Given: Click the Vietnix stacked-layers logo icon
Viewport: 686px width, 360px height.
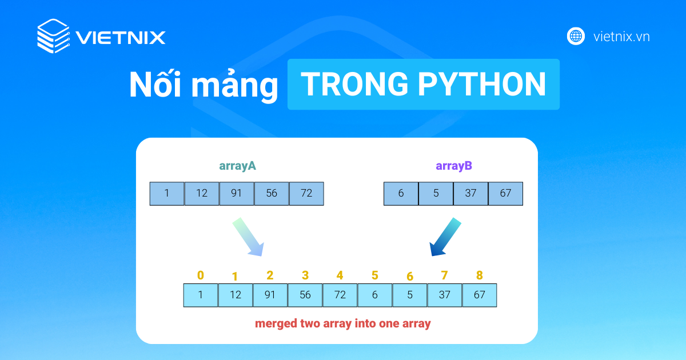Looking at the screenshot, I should (53, 37).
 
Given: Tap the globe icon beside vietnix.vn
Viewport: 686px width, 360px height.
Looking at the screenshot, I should (576, 37).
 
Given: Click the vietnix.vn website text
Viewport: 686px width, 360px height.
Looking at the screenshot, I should (621, 37).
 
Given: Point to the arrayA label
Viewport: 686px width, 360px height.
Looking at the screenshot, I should (237, 166).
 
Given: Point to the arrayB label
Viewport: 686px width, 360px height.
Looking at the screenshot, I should (454, 166).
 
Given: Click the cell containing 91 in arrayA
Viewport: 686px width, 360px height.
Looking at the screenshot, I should (237, 194).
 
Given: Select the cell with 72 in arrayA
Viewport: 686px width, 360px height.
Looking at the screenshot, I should (306, 194).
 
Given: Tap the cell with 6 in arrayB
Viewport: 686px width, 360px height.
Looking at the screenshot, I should (401, 194).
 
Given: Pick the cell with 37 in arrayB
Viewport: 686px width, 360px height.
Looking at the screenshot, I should (470, 194).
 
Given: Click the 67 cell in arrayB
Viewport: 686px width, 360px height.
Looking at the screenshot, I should (505, 194).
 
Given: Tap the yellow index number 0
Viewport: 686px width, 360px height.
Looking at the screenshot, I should (200, 275).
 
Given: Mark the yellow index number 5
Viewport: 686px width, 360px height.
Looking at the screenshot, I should (374, 275).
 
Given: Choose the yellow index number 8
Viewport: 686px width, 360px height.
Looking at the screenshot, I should (479, 275).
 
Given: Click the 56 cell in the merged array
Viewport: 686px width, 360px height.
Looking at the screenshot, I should (305, 295).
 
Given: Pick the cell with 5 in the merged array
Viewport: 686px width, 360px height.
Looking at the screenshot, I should (410, 295).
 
